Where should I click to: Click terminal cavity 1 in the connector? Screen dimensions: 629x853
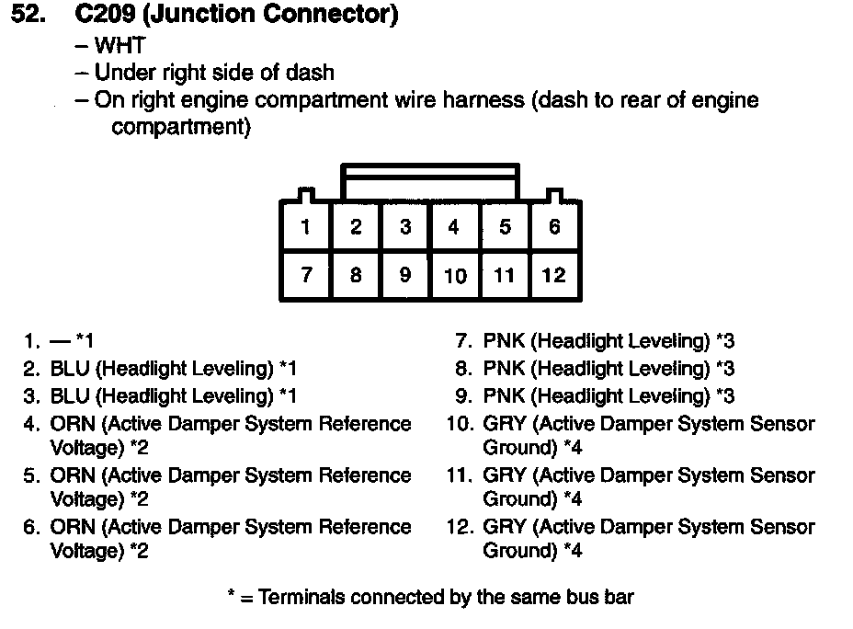(305, 226)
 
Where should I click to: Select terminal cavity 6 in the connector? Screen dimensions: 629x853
(554, 226)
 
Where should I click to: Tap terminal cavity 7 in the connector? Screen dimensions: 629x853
(305, 275)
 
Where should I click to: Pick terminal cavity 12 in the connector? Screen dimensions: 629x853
(554, 275)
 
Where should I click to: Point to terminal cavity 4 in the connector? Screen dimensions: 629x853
(454, 226)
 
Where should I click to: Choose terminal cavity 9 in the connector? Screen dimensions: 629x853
(405, 275)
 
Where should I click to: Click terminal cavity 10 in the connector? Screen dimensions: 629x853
(455, 275)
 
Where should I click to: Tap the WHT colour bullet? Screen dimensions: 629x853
(120, 45)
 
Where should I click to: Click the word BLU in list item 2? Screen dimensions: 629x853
(70, 369)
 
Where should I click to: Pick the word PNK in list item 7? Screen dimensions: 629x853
(504, 341)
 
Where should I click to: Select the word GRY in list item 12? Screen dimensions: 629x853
(505, 527)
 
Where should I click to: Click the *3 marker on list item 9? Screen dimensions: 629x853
(725, 396)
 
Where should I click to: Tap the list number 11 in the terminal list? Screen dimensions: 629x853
(458, 475)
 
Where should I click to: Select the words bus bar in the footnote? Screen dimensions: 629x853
(602, 597)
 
